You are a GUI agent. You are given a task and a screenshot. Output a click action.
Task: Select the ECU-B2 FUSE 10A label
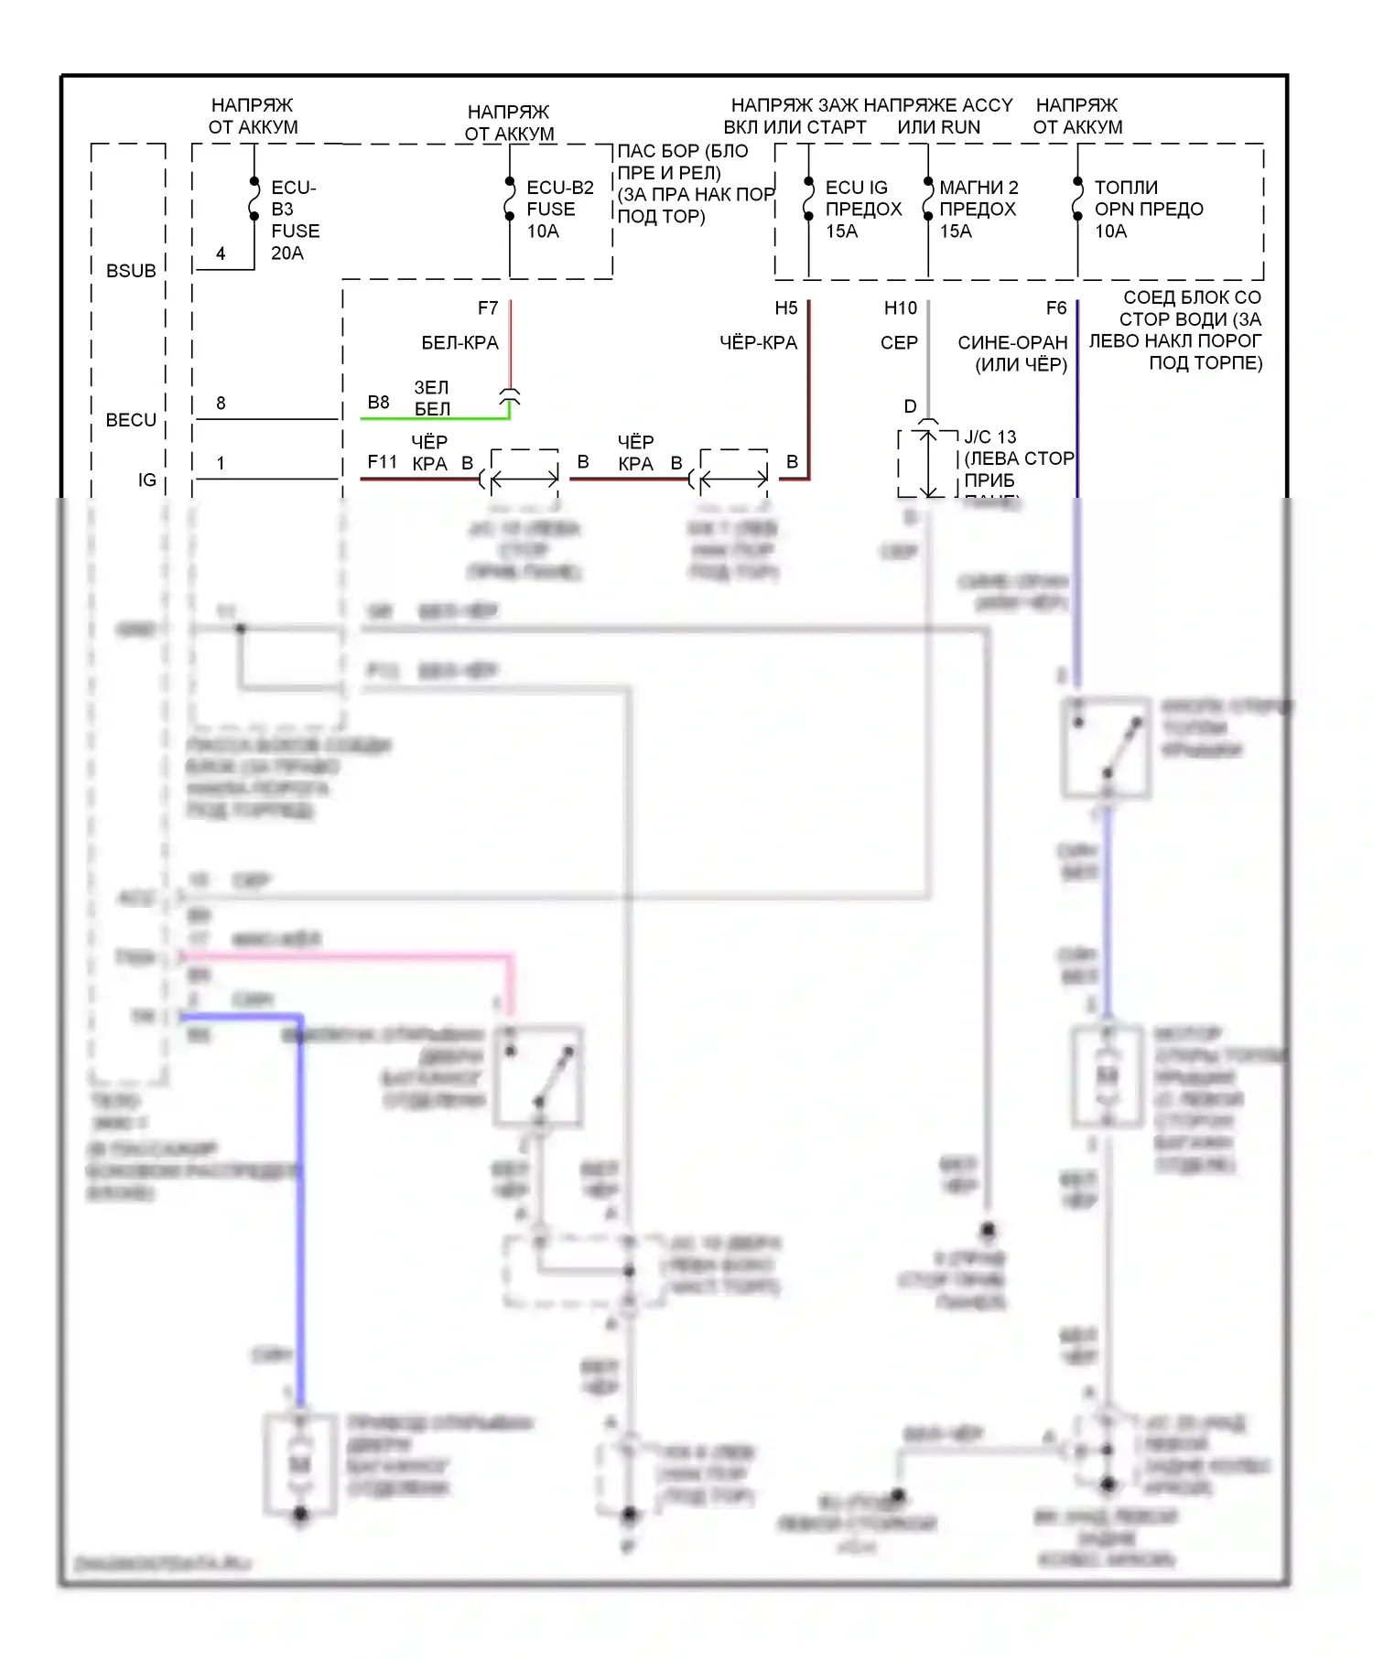(x=559, y=209)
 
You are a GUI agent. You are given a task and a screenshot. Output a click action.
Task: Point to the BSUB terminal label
(x=131, y=271)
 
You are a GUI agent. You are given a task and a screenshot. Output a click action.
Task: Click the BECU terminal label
(x=131, y=420)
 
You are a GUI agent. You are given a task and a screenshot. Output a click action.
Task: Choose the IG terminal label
(x=146, y=480)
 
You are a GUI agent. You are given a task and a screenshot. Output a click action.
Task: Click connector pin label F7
(x=488, y=308)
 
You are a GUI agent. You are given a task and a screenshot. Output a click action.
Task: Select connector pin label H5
(x=786, y=308)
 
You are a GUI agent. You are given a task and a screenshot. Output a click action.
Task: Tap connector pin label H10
(x=900, y=308)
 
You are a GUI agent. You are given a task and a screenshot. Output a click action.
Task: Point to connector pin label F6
(x=1055, y=308)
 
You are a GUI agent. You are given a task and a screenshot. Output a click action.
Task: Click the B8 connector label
(x=378, y=403)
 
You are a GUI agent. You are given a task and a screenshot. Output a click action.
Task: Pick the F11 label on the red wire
(x=382, y=462)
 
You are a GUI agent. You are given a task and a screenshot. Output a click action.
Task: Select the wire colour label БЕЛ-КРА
(x=459, y=343)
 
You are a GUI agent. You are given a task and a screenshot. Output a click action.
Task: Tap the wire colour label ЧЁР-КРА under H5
(x=758, y=343)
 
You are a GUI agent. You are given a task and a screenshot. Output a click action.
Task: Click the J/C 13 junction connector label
(x=990, y=437)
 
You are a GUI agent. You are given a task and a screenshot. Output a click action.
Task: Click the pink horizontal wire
(x=348, y=956)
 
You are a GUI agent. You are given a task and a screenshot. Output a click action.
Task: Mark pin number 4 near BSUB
(x=221, y=253)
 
